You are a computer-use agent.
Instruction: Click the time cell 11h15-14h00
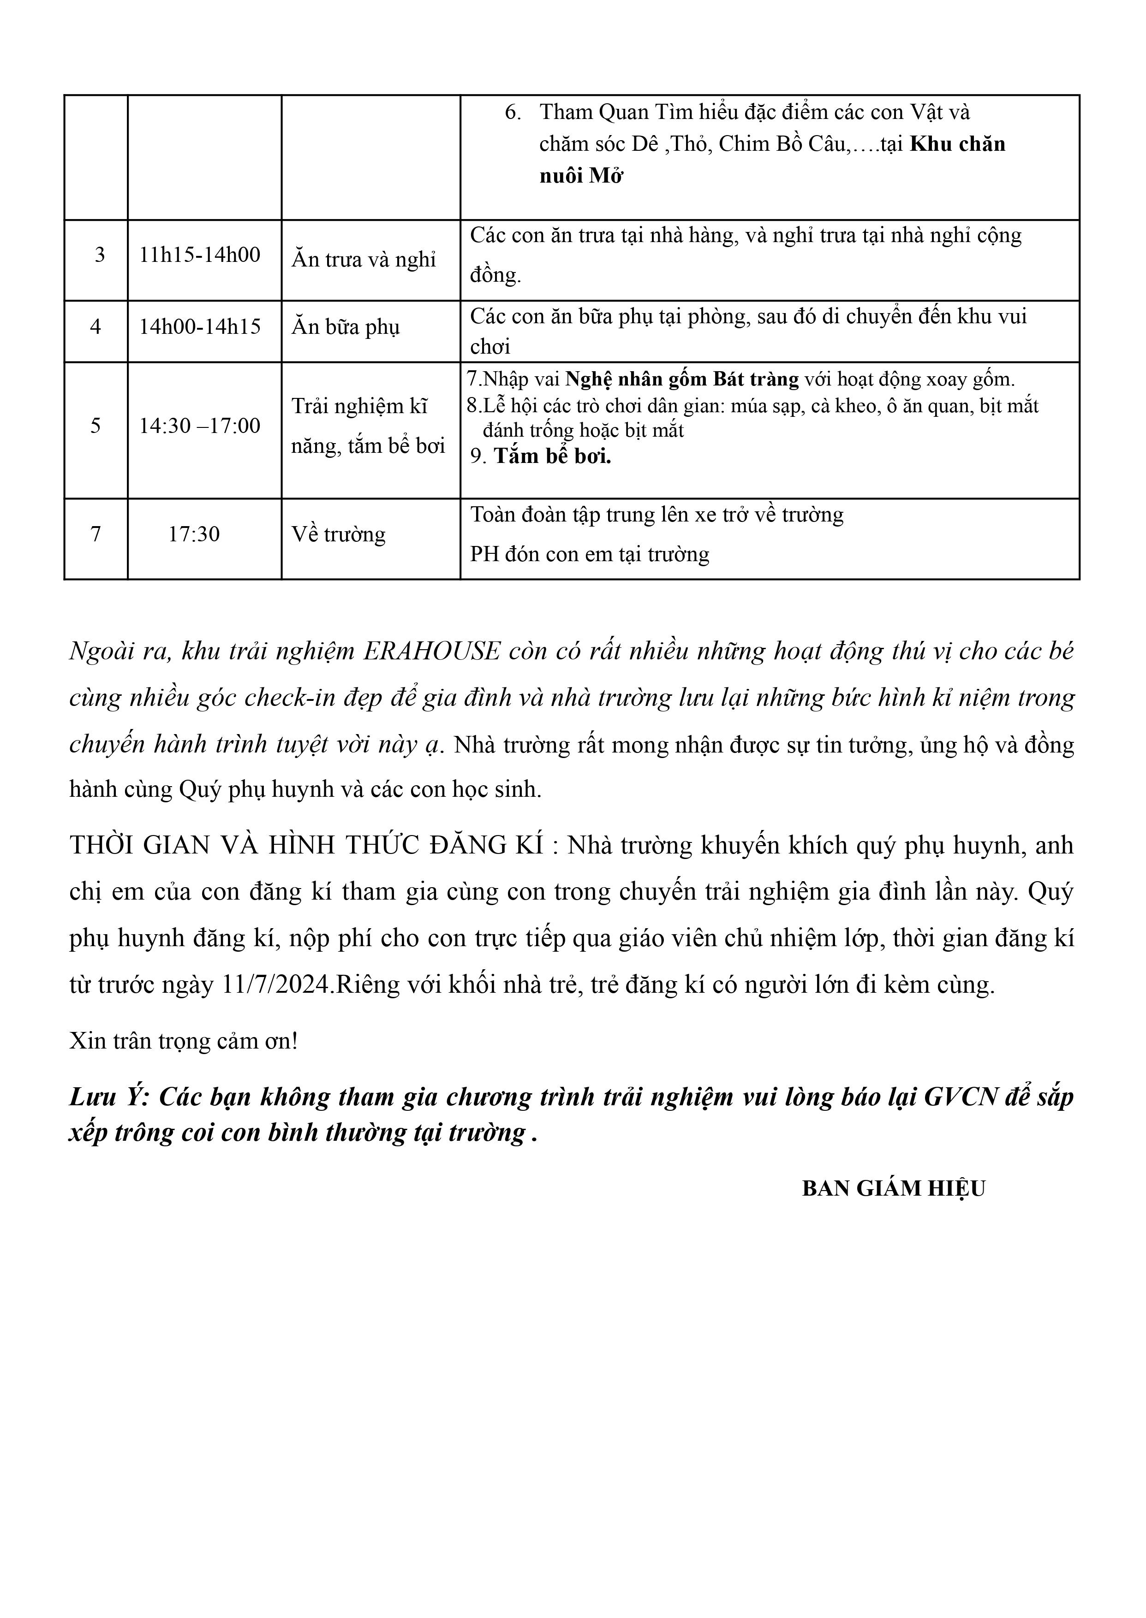pos(200,255)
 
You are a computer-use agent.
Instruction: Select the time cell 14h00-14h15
pos(200,326)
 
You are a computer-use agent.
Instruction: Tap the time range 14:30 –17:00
pos(200,425)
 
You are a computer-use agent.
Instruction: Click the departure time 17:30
pos(194,534)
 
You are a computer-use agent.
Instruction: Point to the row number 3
pos(100,255)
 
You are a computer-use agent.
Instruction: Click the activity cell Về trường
pos(339,534)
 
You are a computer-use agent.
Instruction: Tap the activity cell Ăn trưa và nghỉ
pos(364,260)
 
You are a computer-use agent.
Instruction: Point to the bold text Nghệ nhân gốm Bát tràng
pos(682,379)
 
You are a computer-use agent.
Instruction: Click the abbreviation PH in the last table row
pos(484,554)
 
